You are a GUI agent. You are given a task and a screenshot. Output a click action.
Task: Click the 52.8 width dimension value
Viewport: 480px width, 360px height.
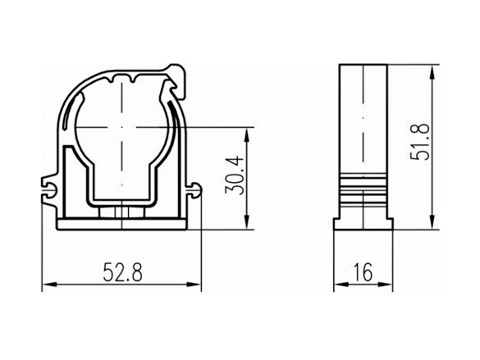coord(122,272)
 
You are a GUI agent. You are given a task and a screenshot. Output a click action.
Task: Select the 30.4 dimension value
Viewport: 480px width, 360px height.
coord(235,175)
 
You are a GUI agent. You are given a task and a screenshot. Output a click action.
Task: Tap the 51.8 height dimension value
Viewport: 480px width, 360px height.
coord(420,141)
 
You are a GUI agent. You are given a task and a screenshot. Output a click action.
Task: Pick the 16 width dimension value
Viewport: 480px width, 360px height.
coord(363,272)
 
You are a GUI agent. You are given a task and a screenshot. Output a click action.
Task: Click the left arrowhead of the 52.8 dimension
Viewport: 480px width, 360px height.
coord(49,285)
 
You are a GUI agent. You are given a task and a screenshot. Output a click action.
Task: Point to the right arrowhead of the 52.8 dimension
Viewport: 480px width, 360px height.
coord(194,285)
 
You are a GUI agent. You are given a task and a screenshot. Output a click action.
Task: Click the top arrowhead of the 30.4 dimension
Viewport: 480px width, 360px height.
coord(247,134)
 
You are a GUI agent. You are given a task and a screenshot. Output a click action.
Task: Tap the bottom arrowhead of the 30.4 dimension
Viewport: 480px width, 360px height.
coord(247,222)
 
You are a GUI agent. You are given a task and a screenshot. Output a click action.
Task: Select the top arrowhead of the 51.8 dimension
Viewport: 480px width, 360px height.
coord(432,72)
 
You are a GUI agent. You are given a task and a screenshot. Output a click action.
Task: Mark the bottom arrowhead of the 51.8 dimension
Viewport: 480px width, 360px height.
coord(432,222)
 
